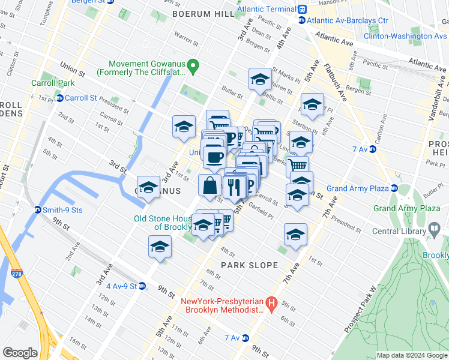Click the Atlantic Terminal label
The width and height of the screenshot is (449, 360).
[x=267, y=10]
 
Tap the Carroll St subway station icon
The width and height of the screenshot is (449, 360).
[x=59, y=98]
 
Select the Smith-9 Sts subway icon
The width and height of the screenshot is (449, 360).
[x=37, y=210]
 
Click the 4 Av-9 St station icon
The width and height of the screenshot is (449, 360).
[x=142, y=286]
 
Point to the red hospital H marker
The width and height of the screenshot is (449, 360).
[x=271, y=305]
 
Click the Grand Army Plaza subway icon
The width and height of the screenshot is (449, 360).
[x=395, y=188]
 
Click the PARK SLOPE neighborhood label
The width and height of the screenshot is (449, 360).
[x=249, y=265]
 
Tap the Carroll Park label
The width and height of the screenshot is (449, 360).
[x=53, y=83]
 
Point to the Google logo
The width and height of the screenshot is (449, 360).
[x=20, y=353]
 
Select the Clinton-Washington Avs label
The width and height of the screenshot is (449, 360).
[x=406, y=36]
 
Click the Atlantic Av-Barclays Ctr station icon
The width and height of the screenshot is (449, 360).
[x=303, y=20]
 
